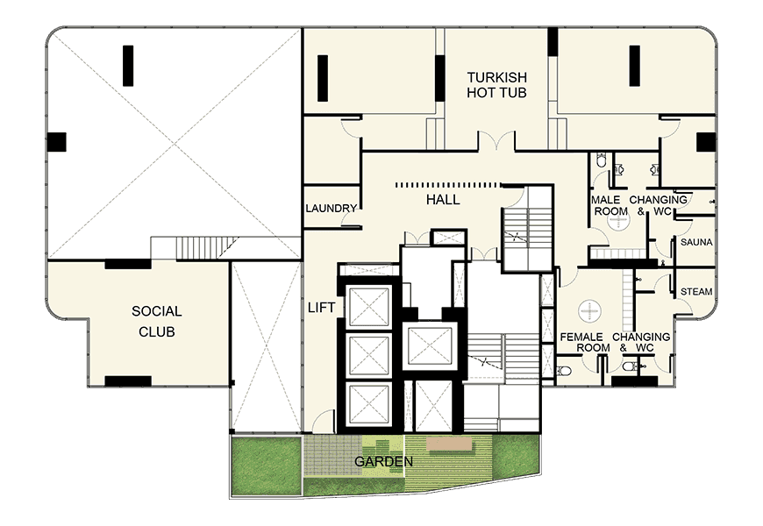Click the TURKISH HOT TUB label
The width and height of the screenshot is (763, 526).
point(496,85)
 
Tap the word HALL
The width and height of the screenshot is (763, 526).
point(443,200)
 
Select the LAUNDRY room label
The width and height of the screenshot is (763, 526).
point(332,209)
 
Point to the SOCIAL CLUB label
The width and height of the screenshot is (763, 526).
point(157,321)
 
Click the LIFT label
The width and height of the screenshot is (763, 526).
point(321,308)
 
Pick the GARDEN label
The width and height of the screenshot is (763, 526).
point(383,461)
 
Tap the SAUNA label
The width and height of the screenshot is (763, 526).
point(696,242)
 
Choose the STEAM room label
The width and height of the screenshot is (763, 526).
point(696,291)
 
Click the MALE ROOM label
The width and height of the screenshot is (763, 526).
point(606,205)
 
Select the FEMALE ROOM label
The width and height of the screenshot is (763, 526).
point(584,342)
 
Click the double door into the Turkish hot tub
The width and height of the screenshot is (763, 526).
point(496,140)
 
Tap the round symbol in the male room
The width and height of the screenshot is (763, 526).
point(618,221)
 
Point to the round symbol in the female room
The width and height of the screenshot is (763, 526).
point(589,310)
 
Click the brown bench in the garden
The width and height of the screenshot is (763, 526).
point(450,444)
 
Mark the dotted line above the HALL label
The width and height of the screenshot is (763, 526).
point(449,185)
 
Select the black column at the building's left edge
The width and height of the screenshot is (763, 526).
point(56,142)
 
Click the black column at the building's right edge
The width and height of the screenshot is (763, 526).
point(706,142)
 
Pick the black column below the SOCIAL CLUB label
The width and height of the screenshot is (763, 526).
point(128,381)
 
